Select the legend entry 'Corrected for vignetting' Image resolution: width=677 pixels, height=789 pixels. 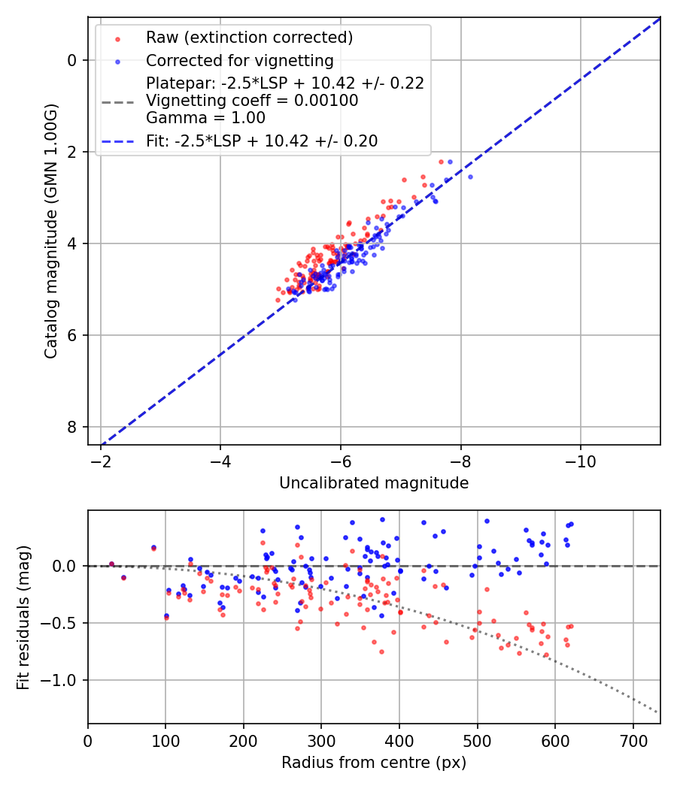(239, 60)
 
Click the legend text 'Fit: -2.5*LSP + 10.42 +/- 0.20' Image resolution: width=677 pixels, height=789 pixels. (262, 141)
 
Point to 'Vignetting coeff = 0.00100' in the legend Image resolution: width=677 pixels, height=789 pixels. (252, 101)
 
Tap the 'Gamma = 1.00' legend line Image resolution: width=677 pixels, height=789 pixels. (205, 118)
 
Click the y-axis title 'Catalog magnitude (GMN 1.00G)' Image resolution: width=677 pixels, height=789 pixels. (50, 231)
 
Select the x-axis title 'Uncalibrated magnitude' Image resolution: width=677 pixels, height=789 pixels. (374, 483)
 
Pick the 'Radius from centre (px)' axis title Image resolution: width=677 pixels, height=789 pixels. (374, 763)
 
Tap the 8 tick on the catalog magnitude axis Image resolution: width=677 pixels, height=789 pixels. (73, 427)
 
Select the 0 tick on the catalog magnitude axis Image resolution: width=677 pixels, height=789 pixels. (73, 60)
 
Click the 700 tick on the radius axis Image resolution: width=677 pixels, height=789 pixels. (633, 738)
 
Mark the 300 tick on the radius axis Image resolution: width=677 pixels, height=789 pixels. (321, 738)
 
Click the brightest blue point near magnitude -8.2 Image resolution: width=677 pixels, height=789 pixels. (471, 177)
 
